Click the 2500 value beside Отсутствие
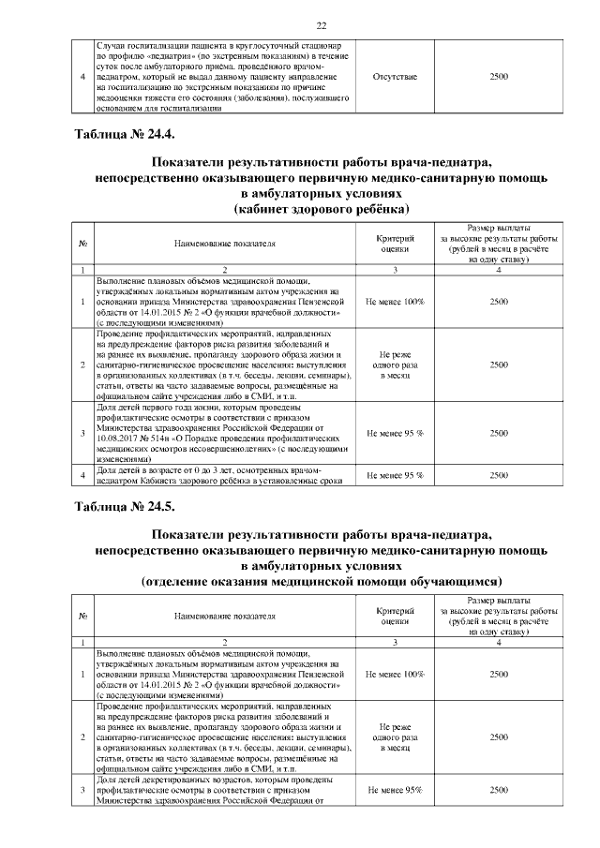point(499,76)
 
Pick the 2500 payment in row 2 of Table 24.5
point(499,737)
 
